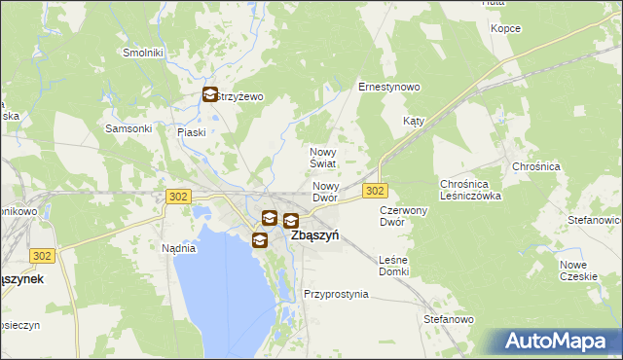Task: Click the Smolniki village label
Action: pyautogui.click(x=142, y=52)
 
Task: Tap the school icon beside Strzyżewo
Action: pyautogui.click(x=211, y=95)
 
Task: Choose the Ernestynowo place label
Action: pyautogui.click(x=388, y=87)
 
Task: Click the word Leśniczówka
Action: pyautogui.click(x=470, y=195)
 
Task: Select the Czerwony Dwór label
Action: pyautogui.click(x=405, y=215)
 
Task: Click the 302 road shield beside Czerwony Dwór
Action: pyautogui.click(x=376, y=191)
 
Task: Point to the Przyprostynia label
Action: pyautogui.click(x=336, y=293)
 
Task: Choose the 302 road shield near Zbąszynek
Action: pyautogui.click(x=41, y=255)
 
